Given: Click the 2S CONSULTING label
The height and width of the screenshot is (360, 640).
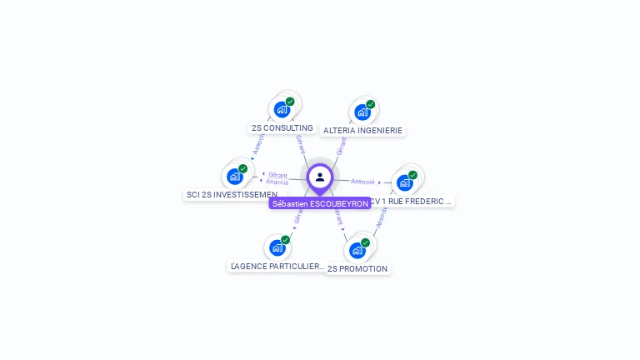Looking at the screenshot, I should click(282, 128).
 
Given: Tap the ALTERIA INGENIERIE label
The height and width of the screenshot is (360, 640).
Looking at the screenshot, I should click(362, 131).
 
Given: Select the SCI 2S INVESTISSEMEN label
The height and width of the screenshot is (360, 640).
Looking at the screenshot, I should click(231, 195).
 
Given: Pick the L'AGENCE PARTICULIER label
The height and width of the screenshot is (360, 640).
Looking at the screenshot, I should click(277, 267).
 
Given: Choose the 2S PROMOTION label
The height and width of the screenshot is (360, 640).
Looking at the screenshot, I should click(357, 269).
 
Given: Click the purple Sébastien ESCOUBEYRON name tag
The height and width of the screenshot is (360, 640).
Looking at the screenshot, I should click(320, 203).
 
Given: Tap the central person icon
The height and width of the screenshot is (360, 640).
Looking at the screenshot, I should click(320, 177).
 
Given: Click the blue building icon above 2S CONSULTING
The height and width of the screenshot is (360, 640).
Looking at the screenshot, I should click(282, 109).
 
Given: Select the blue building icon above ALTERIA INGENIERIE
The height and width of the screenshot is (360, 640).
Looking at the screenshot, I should click(362, 112).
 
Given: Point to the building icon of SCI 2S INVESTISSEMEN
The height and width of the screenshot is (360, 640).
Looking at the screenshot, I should click(234, 177).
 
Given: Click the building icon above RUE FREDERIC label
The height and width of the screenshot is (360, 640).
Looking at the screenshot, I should click(404, 182).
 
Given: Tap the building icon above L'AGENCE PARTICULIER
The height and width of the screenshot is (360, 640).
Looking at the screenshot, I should click(277, 247).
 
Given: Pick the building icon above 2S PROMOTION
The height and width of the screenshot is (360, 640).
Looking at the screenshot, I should click(357, 250).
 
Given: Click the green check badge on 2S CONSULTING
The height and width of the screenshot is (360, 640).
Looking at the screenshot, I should click(290, 102).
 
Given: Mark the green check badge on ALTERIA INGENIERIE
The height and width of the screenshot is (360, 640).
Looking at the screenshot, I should click(370, 104).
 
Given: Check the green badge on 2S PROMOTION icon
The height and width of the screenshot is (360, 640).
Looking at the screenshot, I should click(365, 242).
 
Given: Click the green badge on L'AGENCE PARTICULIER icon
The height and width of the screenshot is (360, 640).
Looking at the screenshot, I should click(285, 240).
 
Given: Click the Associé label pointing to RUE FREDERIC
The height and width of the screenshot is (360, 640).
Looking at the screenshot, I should click(362, 181).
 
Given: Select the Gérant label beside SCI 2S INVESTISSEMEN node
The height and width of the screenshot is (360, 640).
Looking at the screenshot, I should click(277, 175).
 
